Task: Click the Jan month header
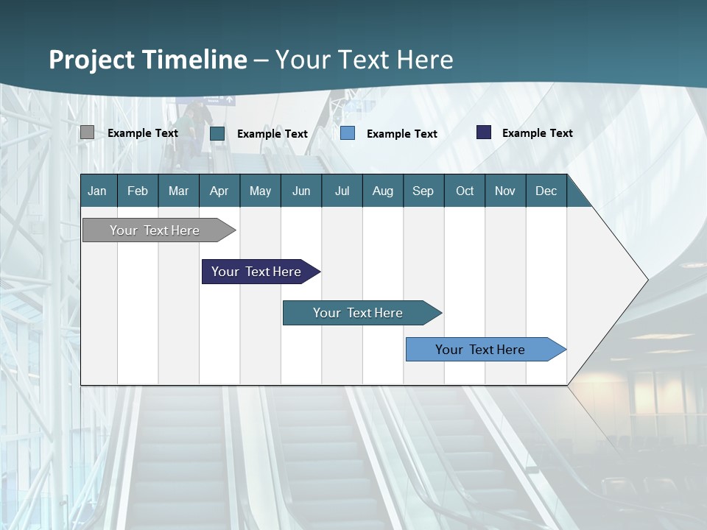97,191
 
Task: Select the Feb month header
138,191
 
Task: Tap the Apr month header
219,191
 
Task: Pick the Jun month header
301,191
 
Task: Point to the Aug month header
382,191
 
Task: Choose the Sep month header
423,191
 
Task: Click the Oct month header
465,191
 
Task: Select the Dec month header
546,191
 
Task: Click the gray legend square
87,132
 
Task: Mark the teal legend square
217,133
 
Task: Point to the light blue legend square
348,133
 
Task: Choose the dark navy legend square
484,132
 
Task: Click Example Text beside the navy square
537,133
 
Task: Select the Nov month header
504,191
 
